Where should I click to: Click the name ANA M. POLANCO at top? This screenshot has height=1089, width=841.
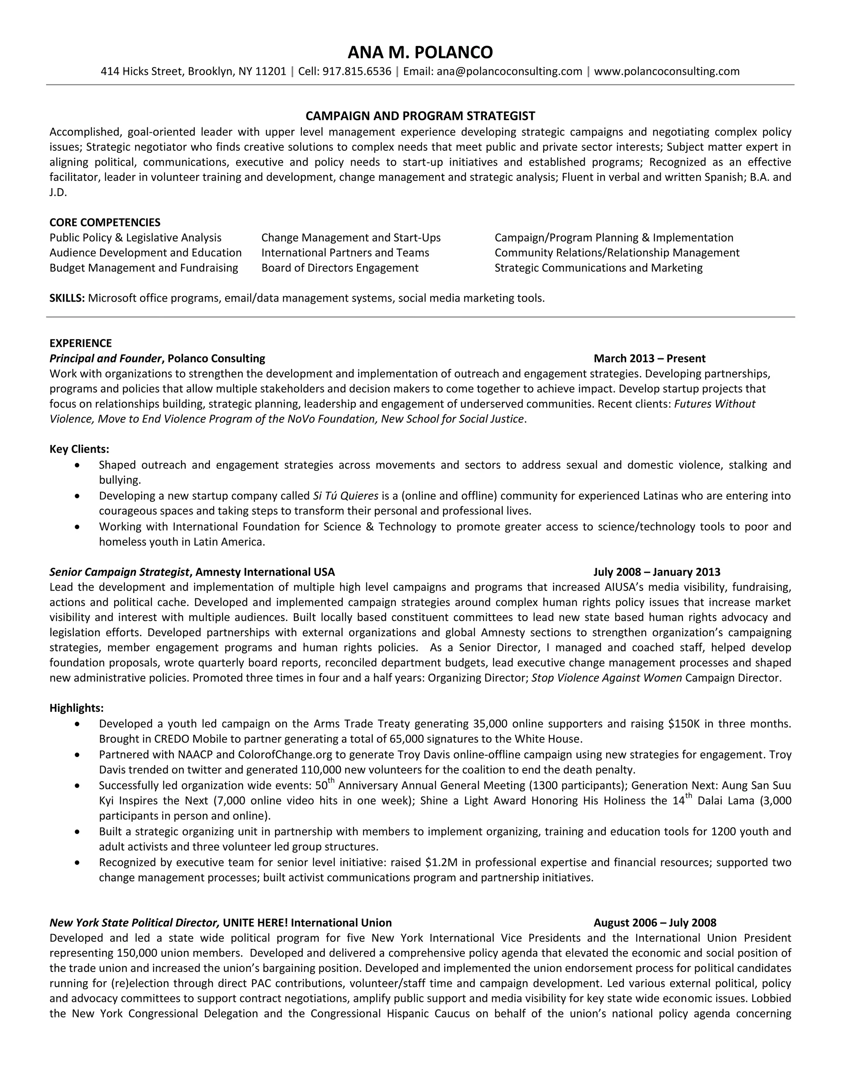click(420, 52)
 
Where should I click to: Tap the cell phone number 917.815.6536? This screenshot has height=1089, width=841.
click(357, 72)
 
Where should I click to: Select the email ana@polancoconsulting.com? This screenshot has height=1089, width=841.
click(509, 72)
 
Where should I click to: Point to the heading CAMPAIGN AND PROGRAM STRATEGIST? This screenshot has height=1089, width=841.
click(420, 116)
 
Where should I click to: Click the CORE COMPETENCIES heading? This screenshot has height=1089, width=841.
click(105, 222)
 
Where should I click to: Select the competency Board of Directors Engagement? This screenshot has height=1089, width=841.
click(340, 268)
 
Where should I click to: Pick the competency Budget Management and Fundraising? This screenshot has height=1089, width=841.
click(143, 268)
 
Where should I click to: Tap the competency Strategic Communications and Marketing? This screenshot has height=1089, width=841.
click(598, 268)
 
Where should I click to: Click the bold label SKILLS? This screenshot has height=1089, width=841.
click(67, 299)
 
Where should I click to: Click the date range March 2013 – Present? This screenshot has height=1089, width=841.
click(649, 358)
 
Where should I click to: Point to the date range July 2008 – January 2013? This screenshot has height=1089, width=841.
click(656, 572)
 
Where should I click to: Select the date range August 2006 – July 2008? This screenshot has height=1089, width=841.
click(655, 923)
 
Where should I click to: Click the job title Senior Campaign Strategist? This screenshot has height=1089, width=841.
click(119, 572)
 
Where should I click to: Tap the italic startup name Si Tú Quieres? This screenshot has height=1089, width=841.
click(345, 496)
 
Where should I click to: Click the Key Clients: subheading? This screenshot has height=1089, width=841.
click(79, 449)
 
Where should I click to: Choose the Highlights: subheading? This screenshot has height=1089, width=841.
click(77, 708)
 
